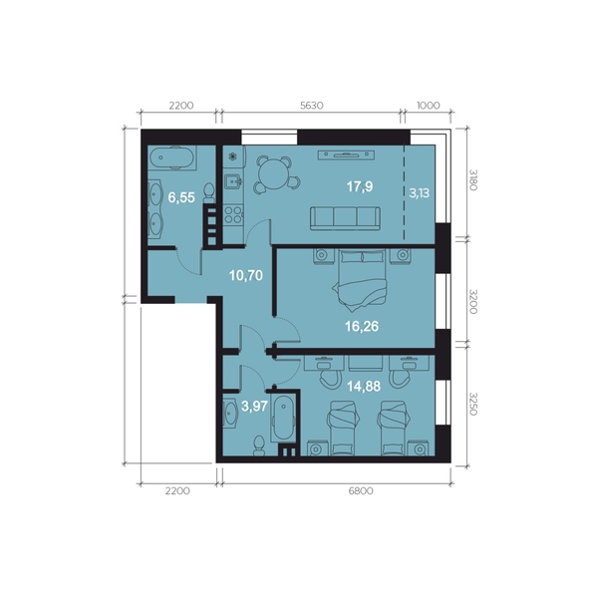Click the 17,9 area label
(x=360, y=186)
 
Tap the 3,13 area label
(x=419, y=193)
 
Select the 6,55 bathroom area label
(x=181, y=197)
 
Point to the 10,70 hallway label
(x=246, y=276)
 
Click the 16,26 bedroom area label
(x=362, y=326)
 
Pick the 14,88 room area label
(x=364, y=387)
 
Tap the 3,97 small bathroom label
(x=254, y=407)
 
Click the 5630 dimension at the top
(x=312, y=106)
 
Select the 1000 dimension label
(x=429, y=106)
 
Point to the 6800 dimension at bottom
(x=361, y=490)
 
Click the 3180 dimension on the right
(x=472, y=179)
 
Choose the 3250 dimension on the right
(x=472, y=404)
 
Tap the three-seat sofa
(x=345, y=218)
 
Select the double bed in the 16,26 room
(x=362, y=279)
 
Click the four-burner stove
(x=233, y=215)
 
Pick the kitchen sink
(x=233, y=181)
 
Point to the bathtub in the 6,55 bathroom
(x=171, y=157)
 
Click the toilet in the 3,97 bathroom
(x=259, y=445)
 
